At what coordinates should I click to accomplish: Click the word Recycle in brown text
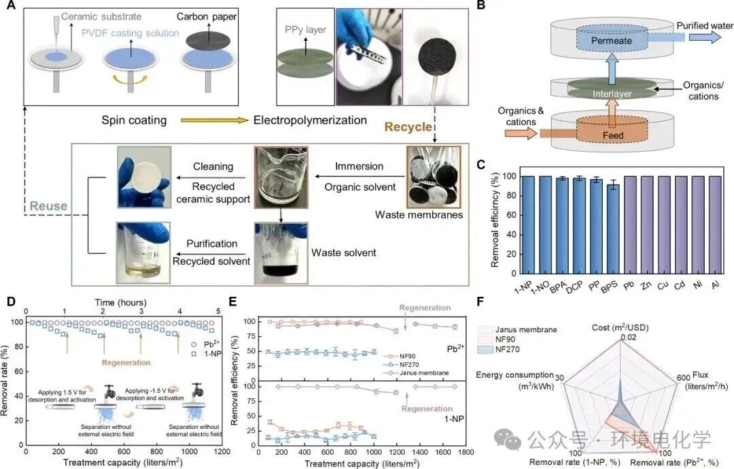(x=408, y=127)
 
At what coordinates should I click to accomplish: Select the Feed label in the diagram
(x=612, y=135)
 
